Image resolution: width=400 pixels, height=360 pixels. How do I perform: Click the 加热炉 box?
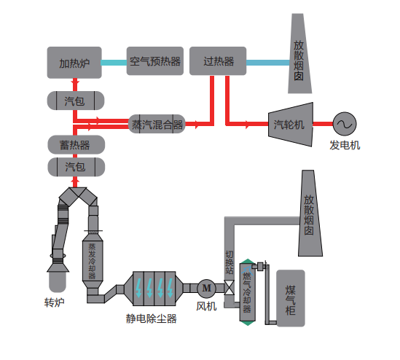(74, 63)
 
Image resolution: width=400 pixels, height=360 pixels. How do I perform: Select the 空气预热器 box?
(155, 61)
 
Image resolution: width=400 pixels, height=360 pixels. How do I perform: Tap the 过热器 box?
(218, 61)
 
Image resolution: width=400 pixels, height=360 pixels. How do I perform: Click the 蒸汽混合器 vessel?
(157, 124)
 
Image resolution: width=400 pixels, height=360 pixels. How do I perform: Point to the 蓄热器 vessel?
(77, 145)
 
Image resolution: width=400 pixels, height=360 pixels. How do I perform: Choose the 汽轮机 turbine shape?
(291, 125)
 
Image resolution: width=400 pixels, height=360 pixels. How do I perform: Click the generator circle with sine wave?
(345, 124)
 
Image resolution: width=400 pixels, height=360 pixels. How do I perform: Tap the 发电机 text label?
(345, 145)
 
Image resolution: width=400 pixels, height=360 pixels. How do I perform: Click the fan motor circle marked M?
(207, 289)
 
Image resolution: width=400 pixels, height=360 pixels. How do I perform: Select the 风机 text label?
(206, 306)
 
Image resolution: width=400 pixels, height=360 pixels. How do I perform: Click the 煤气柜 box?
(291, 298)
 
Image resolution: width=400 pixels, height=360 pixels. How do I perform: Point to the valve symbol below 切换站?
(229, 288)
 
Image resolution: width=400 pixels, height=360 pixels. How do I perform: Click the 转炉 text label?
(54, 302)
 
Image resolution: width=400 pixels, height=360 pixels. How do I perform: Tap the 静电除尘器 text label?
(152, 318)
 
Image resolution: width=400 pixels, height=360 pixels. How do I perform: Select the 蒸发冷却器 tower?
(93, 260)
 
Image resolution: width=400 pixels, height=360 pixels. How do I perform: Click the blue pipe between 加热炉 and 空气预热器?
(114, 63)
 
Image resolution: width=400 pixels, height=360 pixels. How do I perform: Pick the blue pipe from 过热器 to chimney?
(268, 63)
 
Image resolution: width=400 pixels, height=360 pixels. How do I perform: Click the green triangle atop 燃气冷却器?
(248, 262)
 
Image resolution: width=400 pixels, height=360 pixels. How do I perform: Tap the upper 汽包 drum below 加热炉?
(76, 101)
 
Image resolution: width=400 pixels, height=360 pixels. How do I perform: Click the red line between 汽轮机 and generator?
(323, 124)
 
